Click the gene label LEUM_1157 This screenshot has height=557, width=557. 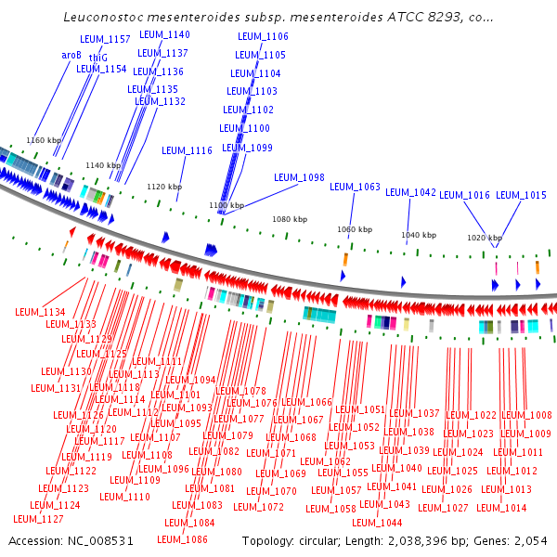106,39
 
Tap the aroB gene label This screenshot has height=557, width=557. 71,55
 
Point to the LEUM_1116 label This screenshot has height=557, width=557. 187,150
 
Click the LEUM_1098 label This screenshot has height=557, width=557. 299,177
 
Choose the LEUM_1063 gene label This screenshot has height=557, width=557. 356,188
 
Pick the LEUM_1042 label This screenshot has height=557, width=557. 410,192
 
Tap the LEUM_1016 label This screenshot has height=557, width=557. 464,195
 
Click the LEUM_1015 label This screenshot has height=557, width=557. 521,195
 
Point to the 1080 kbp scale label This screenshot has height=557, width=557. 289,219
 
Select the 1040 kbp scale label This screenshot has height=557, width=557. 418,235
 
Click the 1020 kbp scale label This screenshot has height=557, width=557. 484,238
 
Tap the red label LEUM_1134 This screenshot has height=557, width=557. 41,313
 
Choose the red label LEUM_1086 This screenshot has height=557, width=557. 182,539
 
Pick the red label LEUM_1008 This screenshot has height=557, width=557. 526,415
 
